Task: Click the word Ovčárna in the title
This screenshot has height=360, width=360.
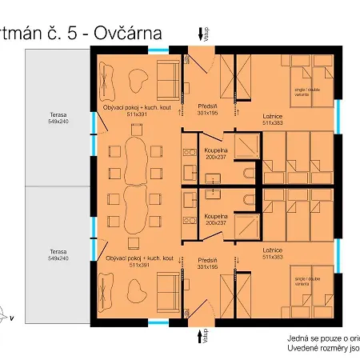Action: tap(128, 33)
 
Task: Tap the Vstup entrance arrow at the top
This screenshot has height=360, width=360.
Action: tap(200, 34)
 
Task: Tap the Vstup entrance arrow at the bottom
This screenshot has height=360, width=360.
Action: tap(200, 330)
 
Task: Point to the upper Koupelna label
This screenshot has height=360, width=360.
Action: tap(217, 150)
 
